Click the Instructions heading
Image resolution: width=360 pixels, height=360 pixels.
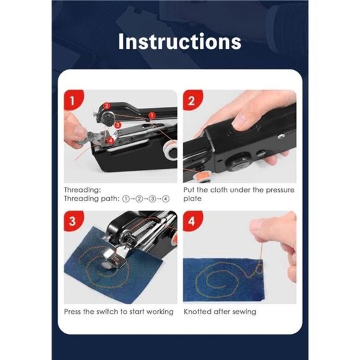[179, 42]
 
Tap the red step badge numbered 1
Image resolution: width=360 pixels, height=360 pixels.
[73, 101]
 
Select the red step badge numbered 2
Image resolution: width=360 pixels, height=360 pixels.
[192, 101]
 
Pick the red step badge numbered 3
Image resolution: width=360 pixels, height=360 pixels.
[73, 221]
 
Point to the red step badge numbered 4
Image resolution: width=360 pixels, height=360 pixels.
[192, 221]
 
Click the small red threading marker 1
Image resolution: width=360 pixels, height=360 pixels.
[152, 115]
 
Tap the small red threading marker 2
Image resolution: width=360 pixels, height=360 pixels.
[107, 106]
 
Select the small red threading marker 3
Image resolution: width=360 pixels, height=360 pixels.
[117, 125]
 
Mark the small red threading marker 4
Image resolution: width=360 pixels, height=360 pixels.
[110, 140]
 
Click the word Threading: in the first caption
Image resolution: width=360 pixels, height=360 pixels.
[82, 190]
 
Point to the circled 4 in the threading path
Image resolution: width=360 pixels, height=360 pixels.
[166, 199]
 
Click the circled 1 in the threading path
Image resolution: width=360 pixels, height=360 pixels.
[126, 199]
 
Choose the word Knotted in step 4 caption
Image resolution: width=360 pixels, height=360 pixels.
[197, 312]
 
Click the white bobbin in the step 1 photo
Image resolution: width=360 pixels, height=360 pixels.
[169, 150]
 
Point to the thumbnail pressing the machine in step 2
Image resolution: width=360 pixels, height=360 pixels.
[241, 122]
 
